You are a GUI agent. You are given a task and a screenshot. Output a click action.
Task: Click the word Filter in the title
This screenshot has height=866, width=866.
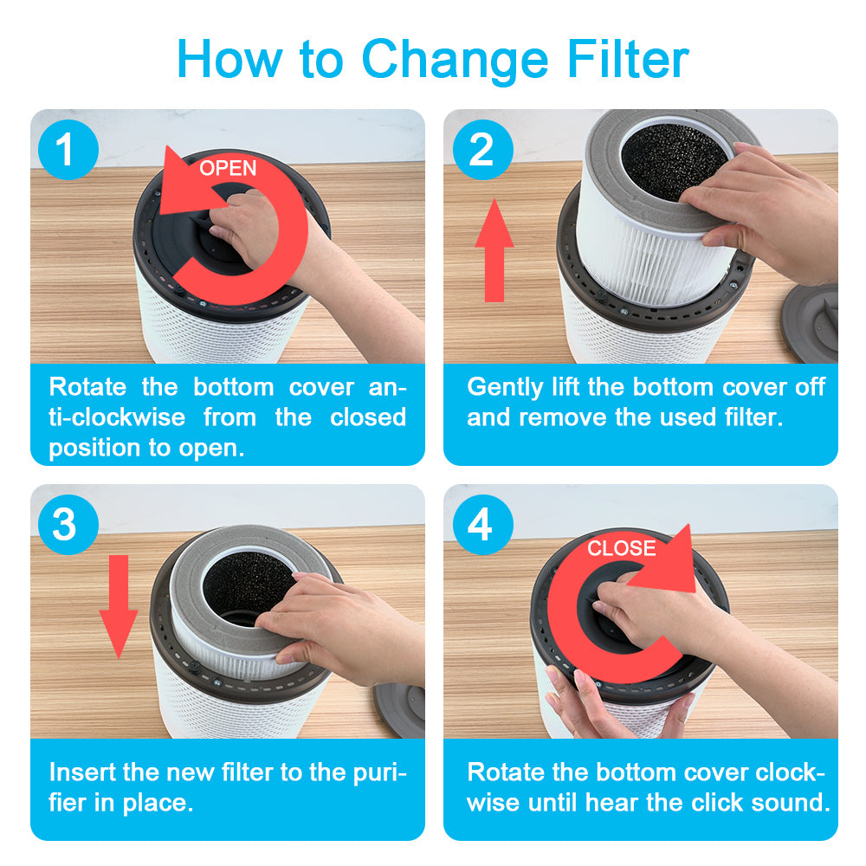(x=628, y=59)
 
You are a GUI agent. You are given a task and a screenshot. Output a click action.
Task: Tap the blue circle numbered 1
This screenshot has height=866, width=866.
(x=68, y=150)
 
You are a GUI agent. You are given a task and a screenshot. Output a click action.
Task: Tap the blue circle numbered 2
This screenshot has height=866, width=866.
(x=482, y=150)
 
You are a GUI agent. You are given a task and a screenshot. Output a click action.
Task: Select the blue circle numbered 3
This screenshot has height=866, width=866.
(x=68, y=525)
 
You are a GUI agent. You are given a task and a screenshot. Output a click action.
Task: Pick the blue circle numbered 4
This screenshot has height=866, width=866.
(x=482, y=525)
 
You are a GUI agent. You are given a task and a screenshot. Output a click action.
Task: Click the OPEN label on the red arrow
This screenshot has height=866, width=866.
(x=228, y=168)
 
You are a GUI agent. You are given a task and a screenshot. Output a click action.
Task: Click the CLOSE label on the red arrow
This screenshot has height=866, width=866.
(x=621, y=548)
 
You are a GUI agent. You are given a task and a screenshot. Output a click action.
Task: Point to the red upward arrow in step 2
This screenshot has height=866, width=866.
(x=494, y=250)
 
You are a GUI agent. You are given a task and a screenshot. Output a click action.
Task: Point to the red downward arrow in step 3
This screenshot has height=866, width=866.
(x=118, y=606)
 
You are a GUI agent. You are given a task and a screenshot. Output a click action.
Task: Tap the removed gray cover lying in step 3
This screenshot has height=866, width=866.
(x=400, y=710)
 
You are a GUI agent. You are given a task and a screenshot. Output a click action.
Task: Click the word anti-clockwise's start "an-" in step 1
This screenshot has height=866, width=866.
(x=387, y=388)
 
